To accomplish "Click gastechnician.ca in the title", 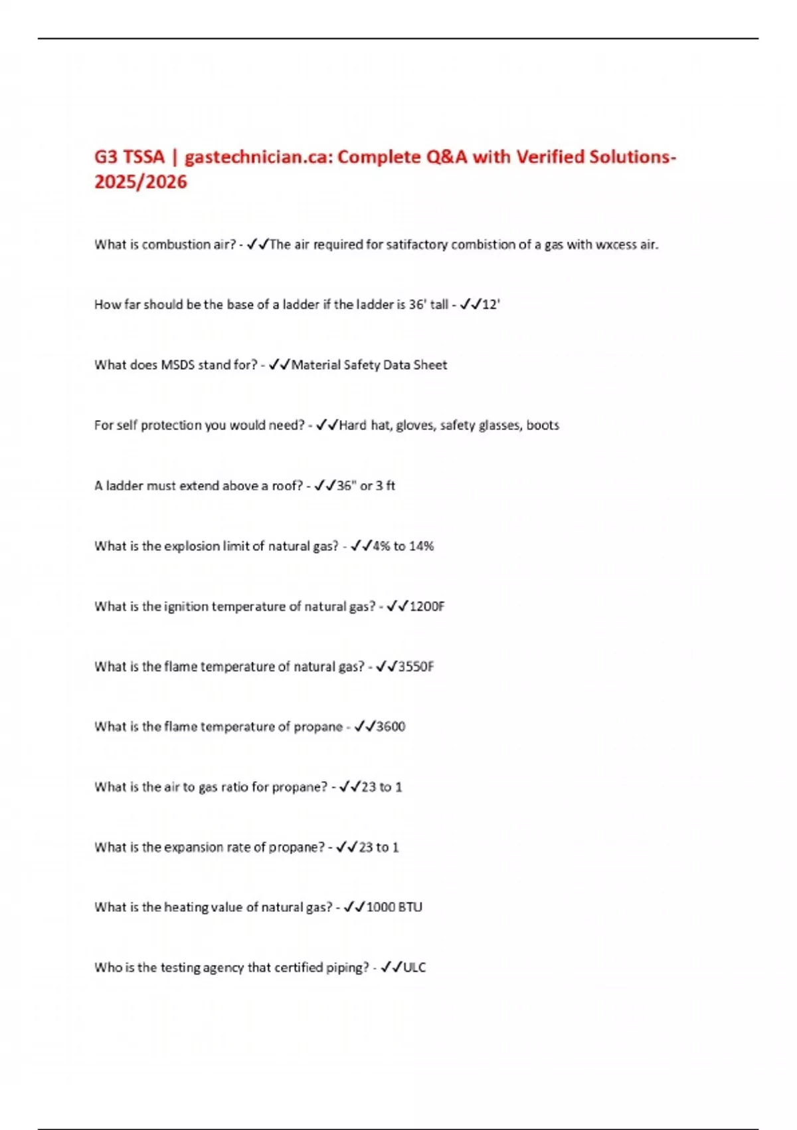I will coord(260,158).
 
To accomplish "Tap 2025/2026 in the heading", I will coord(141,182).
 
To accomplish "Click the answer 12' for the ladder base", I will coord(491,304).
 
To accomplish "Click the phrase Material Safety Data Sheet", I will coord(369,365).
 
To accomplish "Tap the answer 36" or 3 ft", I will coord(366,486).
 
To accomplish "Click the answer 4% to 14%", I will coord(403,546).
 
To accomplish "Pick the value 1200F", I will coord(427,606).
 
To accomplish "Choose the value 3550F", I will coord(416,667).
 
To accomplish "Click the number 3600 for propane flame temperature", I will coord(391,727).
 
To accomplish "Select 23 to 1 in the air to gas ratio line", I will coord(382,787).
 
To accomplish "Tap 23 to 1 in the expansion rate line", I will coord(379,847).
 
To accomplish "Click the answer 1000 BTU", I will coord(395,907).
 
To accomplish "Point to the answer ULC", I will coord(414,968).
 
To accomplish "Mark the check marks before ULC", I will coord(391,968).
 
